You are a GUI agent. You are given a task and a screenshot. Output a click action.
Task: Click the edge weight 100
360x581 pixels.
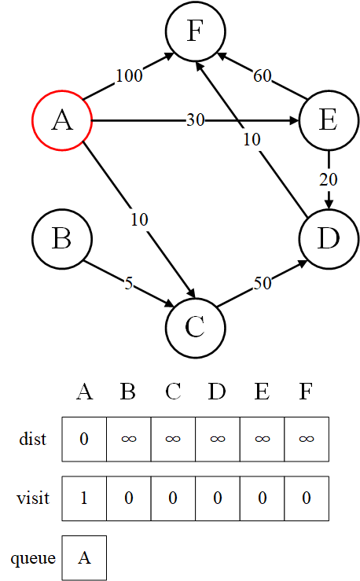129,75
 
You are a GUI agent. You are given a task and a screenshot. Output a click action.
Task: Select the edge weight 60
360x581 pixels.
263,75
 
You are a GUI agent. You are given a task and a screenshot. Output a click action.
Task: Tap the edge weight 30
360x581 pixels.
195,120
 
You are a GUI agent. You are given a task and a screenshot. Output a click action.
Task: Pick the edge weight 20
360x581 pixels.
329,180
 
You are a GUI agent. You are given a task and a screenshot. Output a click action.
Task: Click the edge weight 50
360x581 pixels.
263,284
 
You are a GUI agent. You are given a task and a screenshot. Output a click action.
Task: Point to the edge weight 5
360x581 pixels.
128,284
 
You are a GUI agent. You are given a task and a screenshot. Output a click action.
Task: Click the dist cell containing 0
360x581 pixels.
84,439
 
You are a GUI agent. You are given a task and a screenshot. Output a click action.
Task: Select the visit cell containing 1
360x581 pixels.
84,498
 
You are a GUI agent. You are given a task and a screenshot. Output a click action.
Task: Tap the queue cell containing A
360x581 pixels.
84,557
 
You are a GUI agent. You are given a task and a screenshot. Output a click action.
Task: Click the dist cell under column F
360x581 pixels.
307,439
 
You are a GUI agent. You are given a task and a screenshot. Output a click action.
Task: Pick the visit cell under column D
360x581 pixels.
218,498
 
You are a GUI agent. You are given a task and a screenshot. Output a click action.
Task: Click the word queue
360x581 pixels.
33,558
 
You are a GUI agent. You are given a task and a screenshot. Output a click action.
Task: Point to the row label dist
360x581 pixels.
32,439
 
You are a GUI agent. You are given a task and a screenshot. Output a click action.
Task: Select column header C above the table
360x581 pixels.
173,392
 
